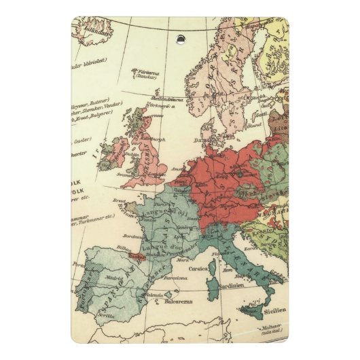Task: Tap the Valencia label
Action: [x=154, y=295]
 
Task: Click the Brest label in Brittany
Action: [x=119, y=200]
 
